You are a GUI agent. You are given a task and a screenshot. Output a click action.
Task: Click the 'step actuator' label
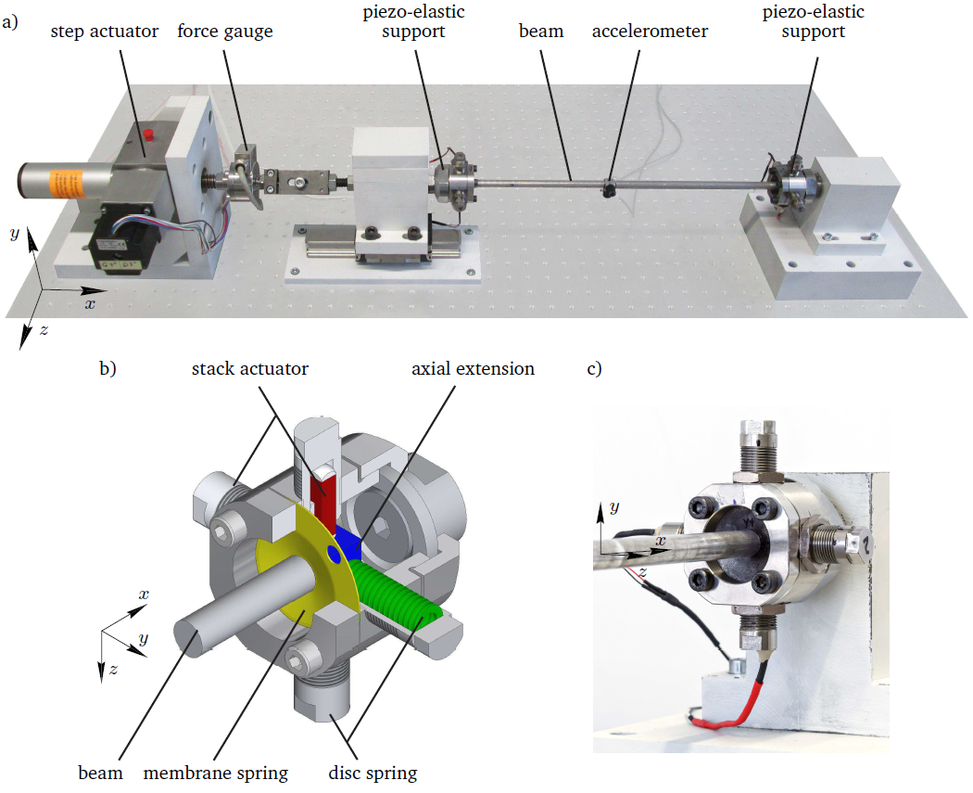pos(104,32)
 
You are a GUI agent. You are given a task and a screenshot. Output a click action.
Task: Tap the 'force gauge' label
pos(224,32)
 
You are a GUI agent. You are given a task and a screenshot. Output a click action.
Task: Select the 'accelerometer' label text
pos(650,32)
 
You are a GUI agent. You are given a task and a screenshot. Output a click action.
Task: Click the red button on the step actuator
pos(147,134)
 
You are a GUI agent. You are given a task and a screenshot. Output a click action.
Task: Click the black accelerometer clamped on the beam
pos(609,189)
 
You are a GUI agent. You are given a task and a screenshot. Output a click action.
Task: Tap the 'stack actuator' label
pos(249,369)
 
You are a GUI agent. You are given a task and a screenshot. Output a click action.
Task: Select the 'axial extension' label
pos(473,369)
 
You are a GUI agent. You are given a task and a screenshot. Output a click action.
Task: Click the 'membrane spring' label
pos(215,774)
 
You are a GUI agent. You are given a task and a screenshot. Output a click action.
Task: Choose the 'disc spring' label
pos(373,774)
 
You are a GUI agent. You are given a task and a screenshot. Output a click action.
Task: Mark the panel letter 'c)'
pos(594,369)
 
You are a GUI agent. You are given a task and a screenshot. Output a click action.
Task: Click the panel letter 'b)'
pos(107,369)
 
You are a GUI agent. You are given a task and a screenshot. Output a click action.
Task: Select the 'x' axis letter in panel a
pos(91,303)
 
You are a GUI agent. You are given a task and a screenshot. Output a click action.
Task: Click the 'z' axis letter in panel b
pos(113,670)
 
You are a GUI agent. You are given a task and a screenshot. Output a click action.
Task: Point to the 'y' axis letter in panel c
pos(613,507)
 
